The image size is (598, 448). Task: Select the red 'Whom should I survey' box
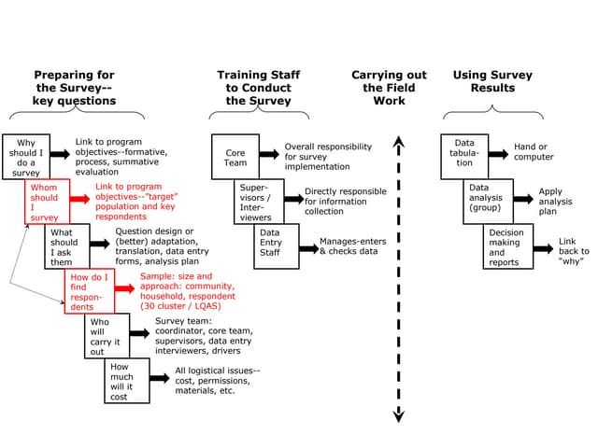click(x=45, y=202)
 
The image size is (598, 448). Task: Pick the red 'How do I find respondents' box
click(x=88, y=291)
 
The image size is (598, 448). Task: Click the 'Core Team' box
click(x=235, y=157)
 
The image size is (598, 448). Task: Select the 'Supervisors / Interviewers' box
click(x=255, y=202)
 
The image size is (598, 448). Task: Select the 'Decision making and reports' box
click(x=507, y=246)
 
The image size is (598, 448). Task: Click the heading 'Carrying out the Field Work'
click(x=389, y=88)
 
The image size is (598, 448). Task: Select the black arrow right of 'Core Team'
click(x=269, y=153)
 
